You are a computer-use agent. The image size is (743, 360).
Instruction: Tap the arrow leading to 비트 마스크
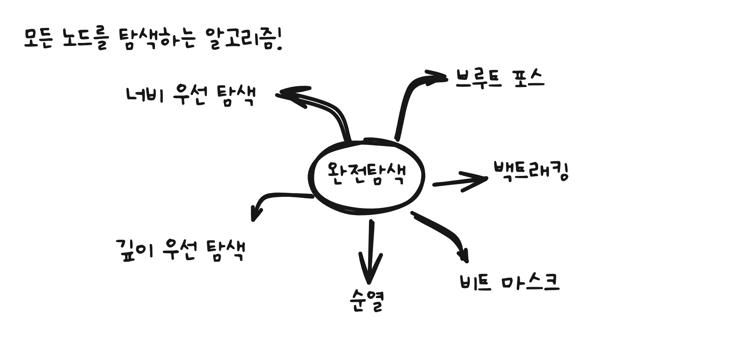(444, 232)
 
